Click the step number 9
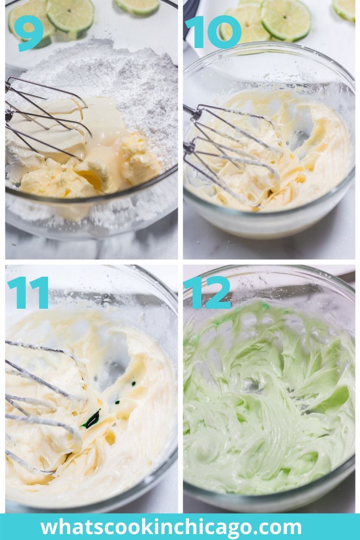click(29, 33)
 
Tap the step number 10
click(213, 32)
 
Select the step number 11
click(28, 293)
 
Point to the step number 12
click(208, 293)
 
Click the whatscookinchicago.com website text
click(171, 527)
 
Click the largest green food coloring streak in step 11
click(91, 419)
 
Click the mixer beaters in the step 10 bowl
click(231, 151)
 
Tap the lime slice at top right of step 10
click(344, 9)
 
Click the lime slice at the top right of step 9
click(137, 6)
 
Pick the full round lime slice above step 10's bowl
click(286, 20)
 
